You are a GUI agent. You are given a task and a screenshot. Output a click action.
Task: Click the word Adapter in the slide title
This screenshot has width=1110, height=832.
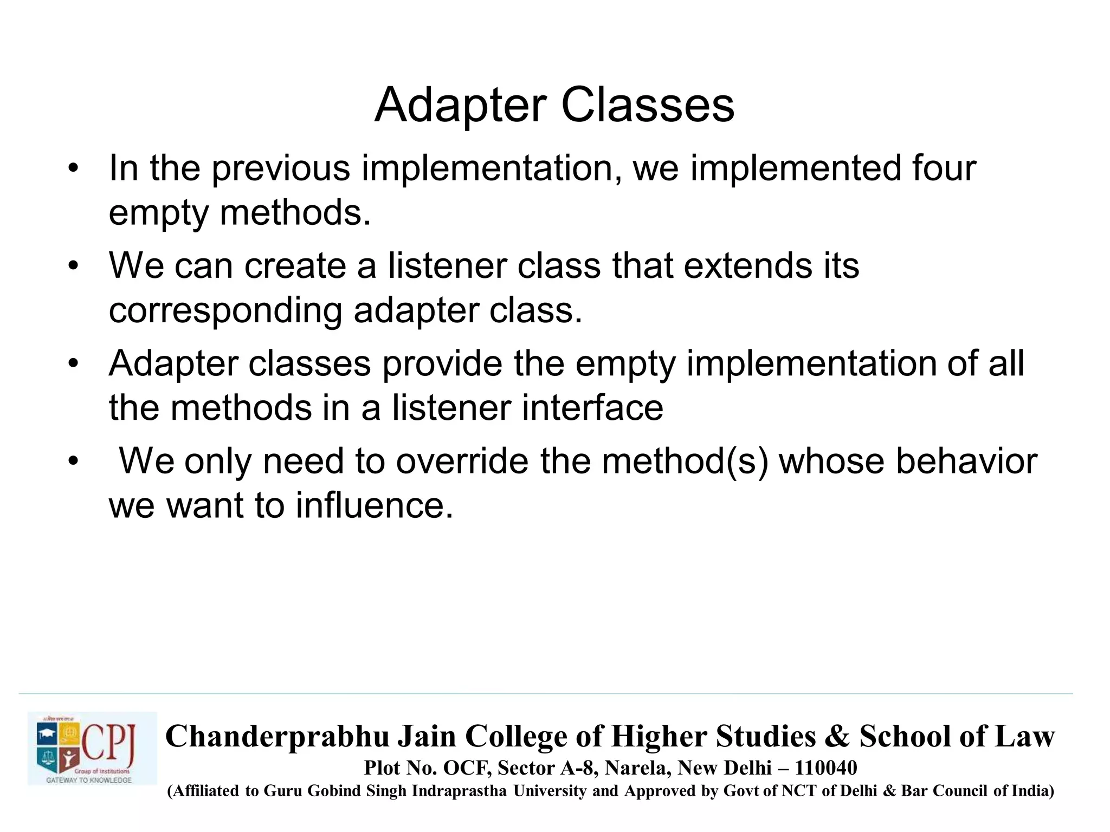pos(460,106)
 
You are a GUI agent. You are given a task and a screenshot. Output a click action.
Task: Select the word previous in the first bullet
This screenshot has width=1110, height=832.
pos(281,169)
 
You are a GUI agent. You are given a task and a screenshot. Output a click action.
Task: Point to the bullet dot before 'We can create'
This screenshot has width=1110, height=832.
pos(74,266)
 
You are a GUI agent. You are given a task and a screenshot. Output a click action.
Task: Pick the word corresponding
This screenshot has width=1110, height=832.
pos(225,311)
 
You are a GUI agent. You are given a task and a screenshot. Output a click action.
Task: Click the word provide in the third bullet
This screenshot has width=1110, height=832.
pos(442,363)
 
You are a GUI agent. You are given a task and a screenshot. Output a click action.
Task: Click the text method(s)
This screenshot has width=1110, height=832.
pos(685,461)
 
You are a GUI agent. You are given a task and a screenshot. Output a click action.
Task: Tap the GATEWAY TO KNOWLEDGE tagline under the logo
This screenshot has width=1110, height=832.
pos(89,780)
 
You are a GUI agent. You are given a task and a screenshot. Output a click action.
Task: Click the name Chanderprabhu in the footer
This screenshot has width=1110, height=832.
pos(277,737)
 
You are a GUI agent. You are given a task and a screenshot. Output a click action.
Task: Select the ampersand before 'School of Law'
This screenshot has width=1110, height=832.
pos(837,737)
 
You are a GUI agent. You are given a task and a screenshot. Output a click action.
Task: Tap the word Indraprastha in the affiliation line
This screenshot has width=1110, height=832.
pos(459,791)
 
